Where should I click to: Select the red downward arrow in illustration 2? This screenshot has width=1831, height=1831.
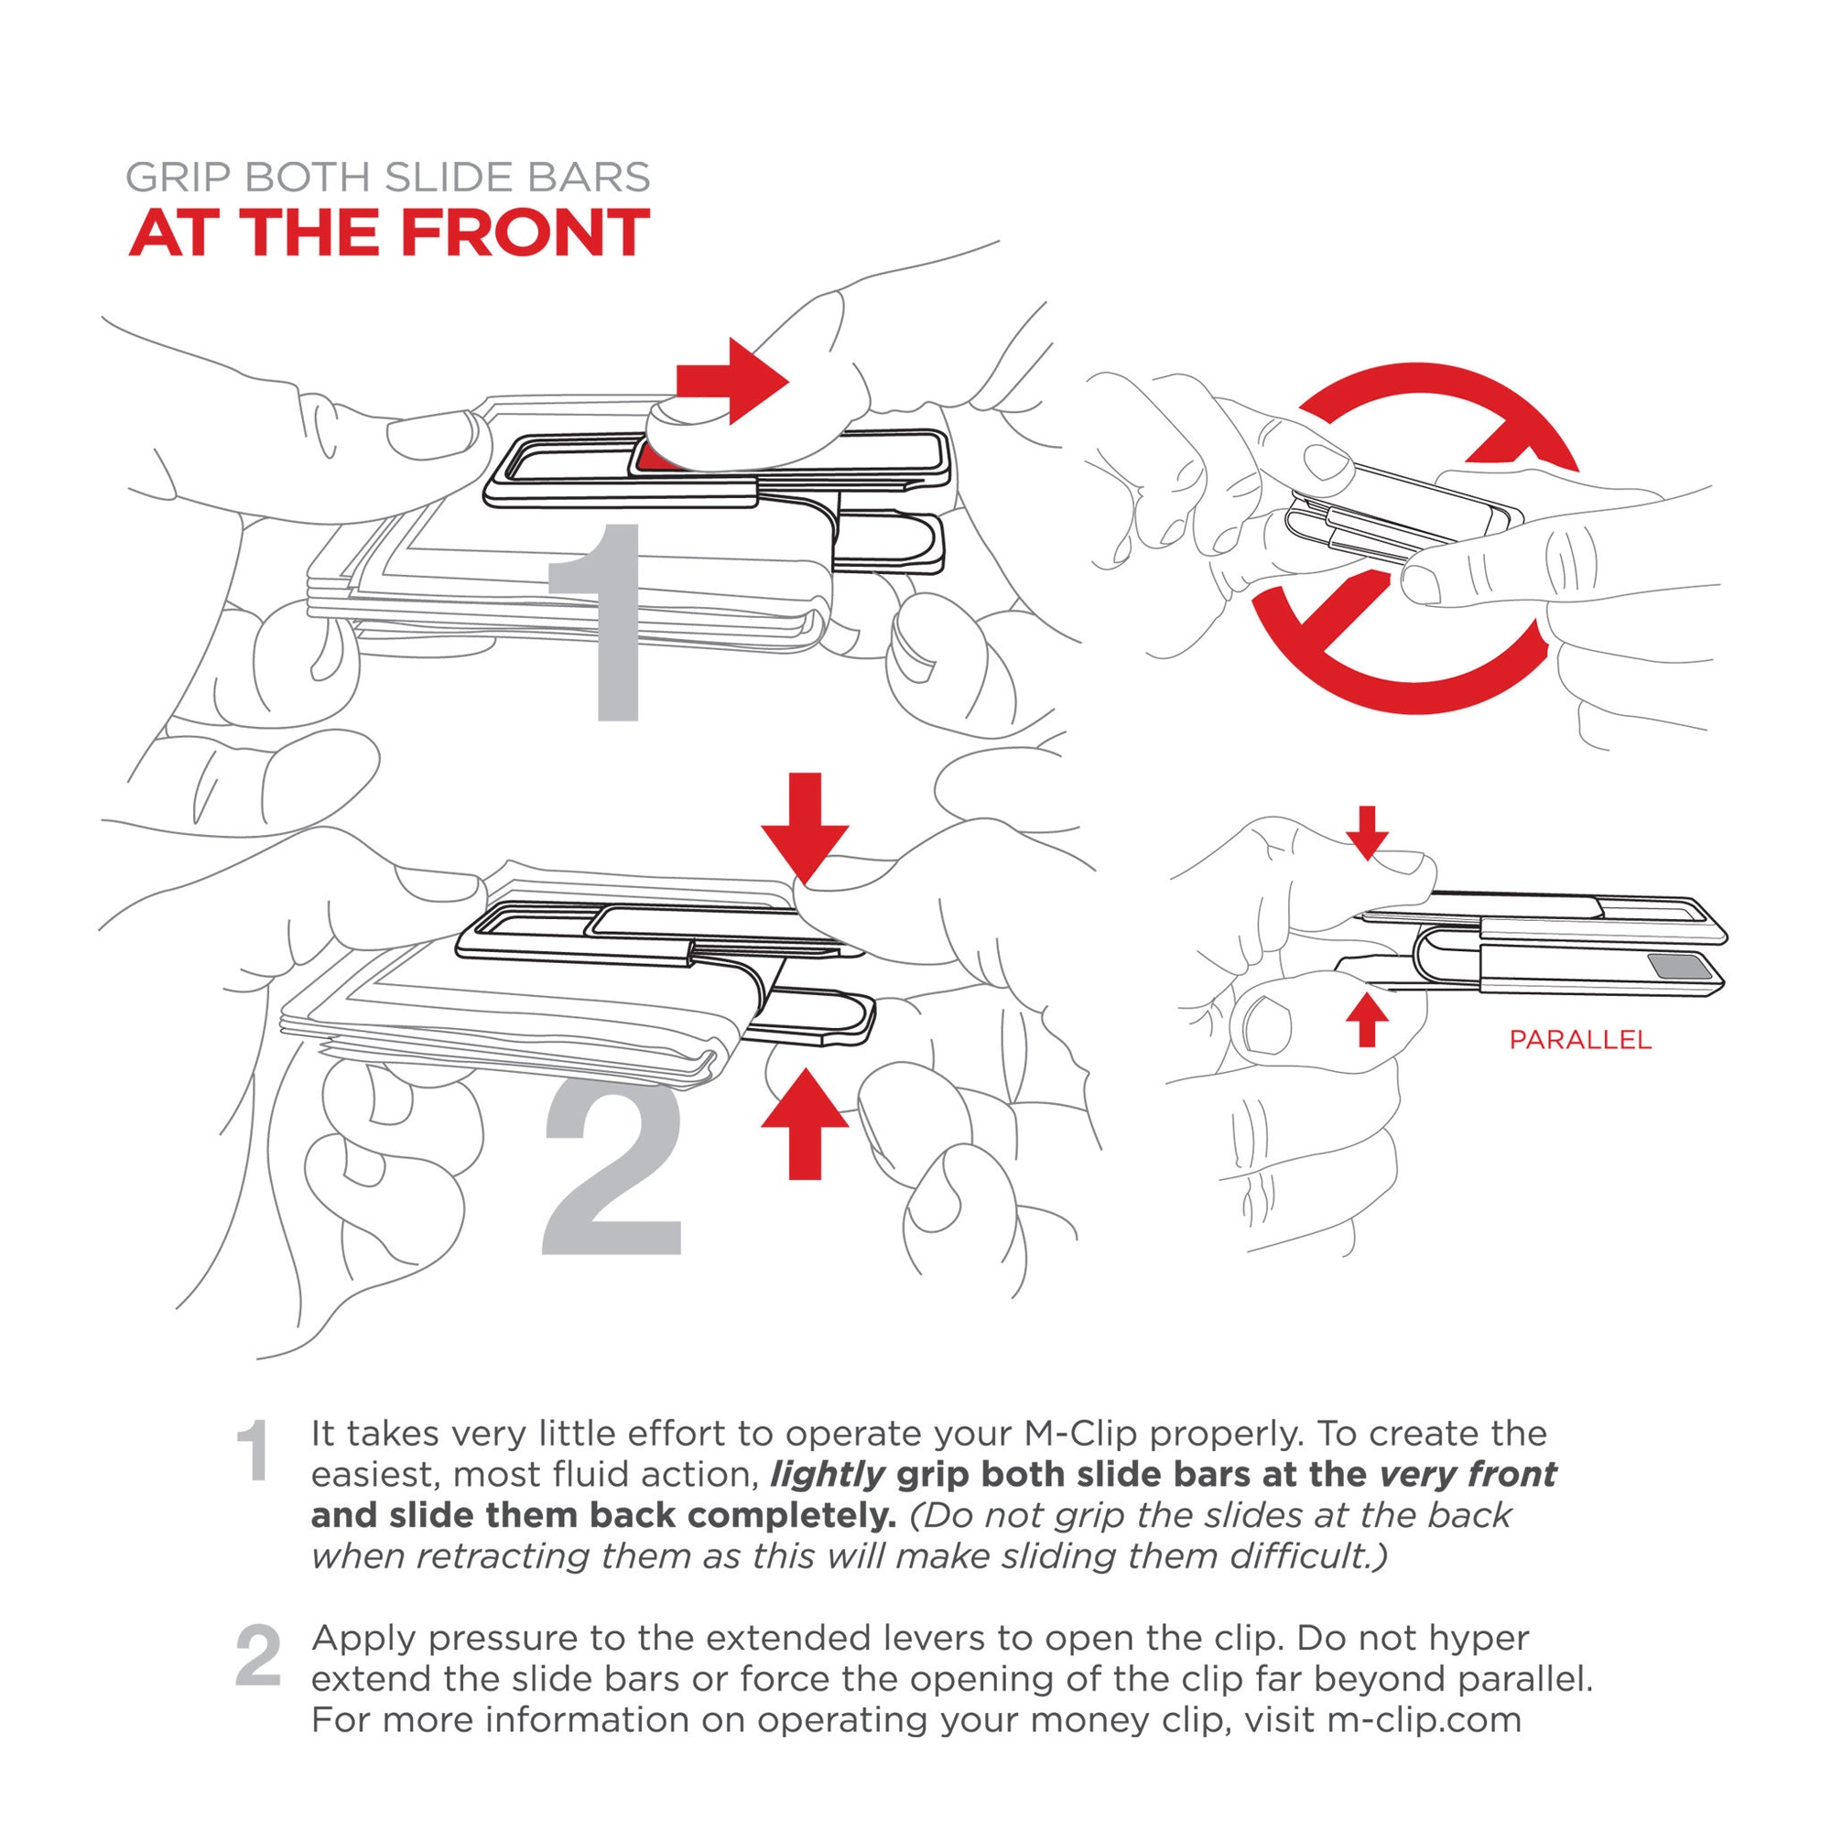805,827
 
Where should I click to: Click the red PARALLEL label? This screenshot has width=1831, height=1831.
1580,1040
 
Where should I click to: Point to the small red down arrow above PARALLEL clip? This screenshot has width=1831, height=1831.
1367,831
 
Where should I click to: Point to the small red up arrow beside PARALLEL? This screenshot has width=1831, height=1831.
1367,1019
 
